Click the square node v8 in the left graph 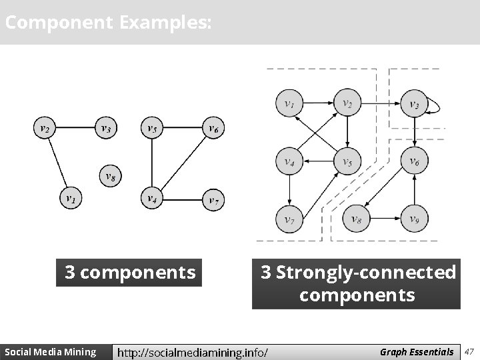coord(112,176)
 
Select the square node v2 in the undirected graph coord(44,128)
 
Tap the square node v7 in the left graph coord(213,199)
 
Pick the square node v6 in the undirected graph coord(213,128)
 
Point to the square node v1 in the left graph coord(71,198)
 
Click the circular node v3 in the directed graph coord(414,103)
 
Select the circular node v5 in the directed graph coord(347,161)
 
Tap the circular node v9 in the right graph coord(414,218)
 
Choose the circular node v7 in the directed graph coord(289,218)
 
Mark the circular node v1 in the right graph coord(289,103)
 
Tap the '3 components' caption coord(130,273)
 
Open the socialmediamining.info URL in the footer coord(193,352)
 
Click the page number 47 coord(469,351)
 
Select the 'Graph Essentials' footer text coord(417,351)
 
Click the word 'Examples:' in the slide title coord(166,23)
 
